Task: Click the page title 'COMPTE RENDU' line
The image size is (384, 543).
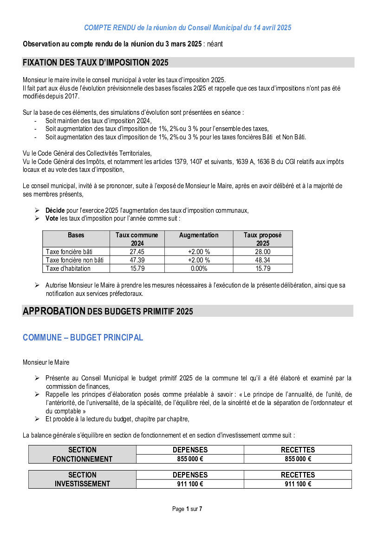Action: [x=188, y=28]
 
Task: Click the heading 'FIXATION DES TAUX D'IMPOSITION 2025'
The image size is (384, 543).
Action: [x=95, y=63]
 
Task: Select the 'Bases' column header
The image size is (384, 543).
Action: [x=76, y=235]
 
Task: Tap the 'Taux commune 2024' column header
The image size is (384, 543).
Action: [x=137, y=239]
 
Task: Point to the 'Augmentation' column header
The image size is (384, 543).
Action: [x=199, y=235]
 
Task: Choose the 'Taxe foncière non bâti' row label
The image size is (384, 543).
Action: [x=75, y=260]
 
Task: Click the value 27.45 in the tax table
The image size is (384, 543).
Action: [x=137, y=252]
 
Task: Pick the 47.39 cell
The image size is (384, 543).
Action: [x=137, y=260]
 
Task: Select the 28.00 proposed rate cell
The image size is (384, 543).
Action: [x=263, y=252]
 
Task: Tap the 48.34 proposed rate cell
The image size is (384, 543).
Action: [x=263, y=260]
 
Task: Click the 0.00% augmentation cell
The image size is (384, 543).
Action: [x=199, y=268]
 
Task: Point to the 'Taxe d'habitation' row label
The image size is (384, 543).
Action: [x=68, y=268]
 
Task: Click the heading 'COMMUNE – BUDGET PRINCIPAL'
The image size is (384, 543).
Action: [x=83, y=338]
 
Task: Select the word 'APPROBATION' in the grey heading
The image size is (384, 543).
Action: [x=54, y=311]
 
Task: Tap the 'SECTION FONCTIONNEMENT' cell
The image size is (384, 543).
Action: [x=83, y=454]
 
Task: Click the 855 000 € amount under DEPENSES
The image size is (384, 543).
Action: [x=190, y=459]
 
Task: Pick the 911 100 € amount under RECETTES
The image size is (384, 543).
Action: [x=298, y=484]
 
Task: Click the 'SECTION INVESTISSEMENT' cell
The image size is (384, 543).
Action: [x=83, y=479]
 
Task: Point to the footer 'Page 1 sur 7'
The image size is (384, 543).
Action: [x=187, y=509]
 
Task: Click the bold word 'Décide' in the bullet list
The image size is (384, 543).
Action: [x=55, y=210]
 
